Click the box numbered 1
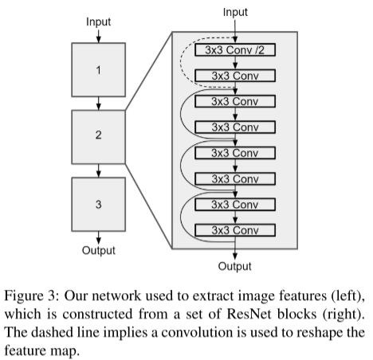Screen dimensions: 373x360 point(99,69)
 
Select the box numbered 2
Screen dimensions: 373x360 point(99,137)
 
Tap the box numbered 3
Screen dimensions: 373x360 point(99,205)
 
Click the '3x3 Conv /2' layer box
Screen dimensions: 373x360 point(235,50)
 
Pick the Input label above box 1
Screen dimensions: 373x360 point(99,22)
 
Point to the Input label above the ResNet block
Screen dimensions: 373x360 point(235,12)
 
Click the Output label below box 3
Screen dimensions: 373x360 point(99,250)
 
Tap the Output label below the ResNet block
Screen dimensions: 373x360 point(235,266)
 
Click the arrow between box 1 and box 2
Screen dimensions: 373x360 point(99,104)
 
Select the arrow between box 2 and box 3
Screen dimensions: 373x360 point(99,170)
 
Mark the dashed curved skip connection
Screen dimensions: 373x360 point(181,62)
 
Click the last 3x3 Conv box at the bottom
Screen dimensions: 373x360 point(235,230)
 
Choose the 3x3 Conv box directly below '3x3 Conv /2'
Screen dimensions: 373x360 point(235,76)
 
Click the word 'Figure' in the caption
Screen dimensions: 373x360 point(24,295)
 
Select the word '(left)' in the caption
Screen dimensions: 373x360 point(348,295)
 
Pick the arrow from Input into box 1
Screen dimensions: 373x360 point(99,36)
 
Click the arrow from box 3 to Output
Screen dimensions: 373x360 point(99,238)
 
